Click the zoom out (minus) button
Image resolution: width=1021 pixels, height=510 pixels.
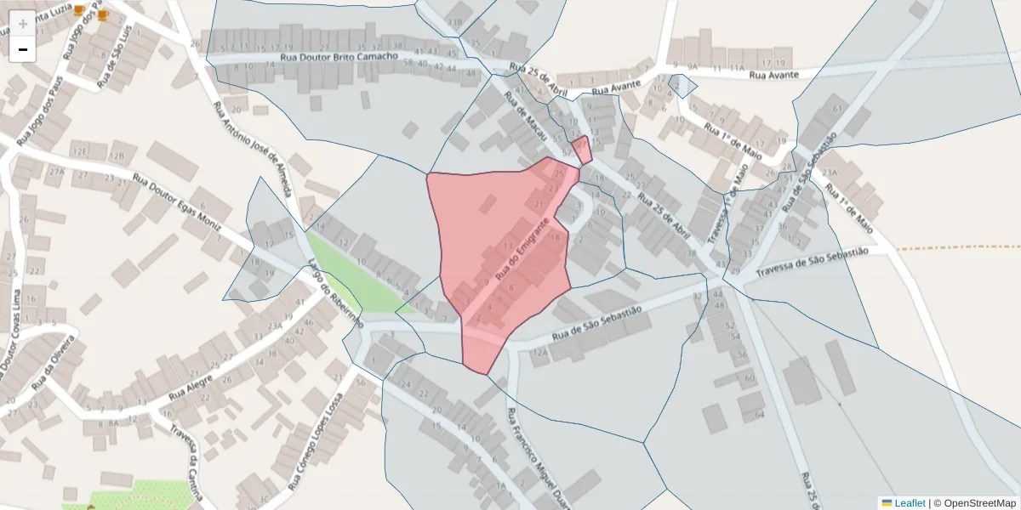pos(23,49)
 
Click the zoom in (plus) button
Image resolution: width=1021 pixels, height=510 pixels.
pos(23,23)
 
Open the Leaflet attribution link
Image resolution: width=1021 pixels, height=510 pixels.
pos(910,503)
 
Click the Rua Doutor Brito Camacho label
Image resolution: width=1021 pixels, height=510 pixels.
pos(340,57)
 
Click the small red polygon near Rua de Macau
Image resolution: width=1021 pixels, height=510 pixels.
pos(583,150)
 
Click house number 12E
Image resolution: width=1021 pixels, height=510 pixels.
pos(81,151)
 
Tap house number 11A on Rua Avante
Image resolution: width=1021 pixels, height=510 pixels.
pos(736,66)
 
